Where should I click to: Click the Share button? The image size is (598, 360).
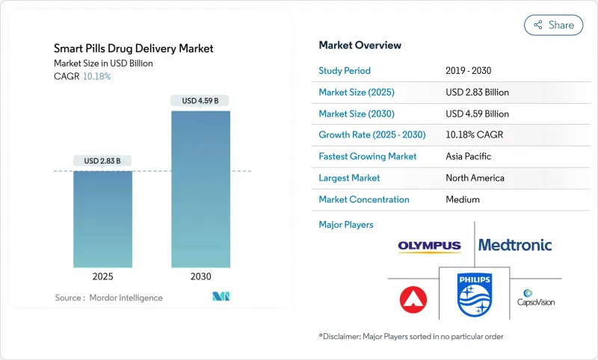(x=553, y=25)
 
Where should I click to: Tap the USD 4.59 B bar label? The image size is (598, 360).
(x=200, y=101)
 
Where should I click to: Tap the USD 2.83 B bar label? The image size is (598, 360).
(x=102, y=161)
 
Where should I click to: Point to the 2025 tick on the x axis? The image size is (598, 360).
(x=102, y=276)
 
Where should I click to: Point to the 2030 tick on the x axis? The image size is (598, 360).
(x=200, y=276)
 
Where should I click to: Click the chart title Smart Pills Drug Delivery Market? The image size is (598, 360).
(x=134, y=49)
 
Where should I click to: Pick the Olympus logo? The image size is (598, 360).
(x=430, y=246)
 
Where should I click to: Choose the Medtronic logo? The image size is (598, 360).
(x=515, y=245)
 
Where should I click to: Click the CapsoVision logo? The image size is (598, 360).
(x=535, y=297)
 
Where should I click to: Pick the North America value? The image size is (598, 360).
(x=475, y=178)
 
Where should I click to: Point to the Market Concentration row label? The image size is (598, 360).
(x=364, y=199)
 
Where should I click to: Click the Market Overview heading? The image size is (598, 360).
(x=360, y=46)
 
